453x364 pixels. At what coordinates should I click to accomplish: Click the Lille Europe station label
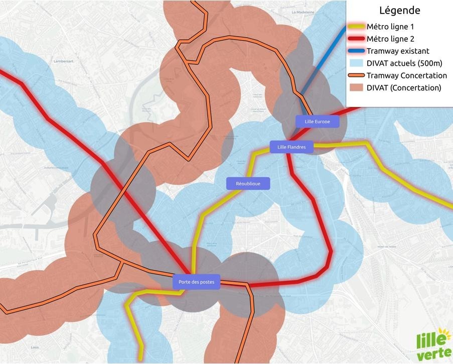[318, 122]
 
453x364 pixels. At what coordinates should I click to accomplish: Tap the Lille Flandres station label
[291, 147]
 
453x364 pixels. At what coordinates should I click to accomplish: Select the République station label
[248, 183]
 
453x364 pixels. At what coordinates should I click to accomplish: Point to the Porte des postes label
[196, 282]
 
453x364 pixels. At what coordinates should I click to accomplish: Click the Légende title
[399, 10]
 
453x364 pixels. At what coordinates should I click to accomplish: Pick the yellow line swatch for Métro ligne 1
[357, 27]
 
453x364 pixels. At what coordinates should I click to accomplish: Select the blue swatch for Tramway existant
[357, 51]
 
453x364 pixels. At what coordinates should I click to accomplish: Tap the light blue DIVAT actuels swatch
[357, 63]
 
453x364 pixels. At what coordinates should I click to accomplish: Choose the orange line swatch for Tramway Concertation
[357, 76]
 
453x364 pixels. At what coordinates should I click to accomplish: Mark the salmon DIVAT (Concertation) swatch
[357, 88]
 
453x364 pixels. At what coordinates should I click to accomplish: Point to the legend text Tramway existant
[398, 51]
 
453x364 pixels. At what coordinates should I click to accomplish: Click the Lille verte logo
[434, 344]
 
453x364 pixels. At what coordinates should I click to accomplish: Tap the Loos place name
[35, 347]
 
